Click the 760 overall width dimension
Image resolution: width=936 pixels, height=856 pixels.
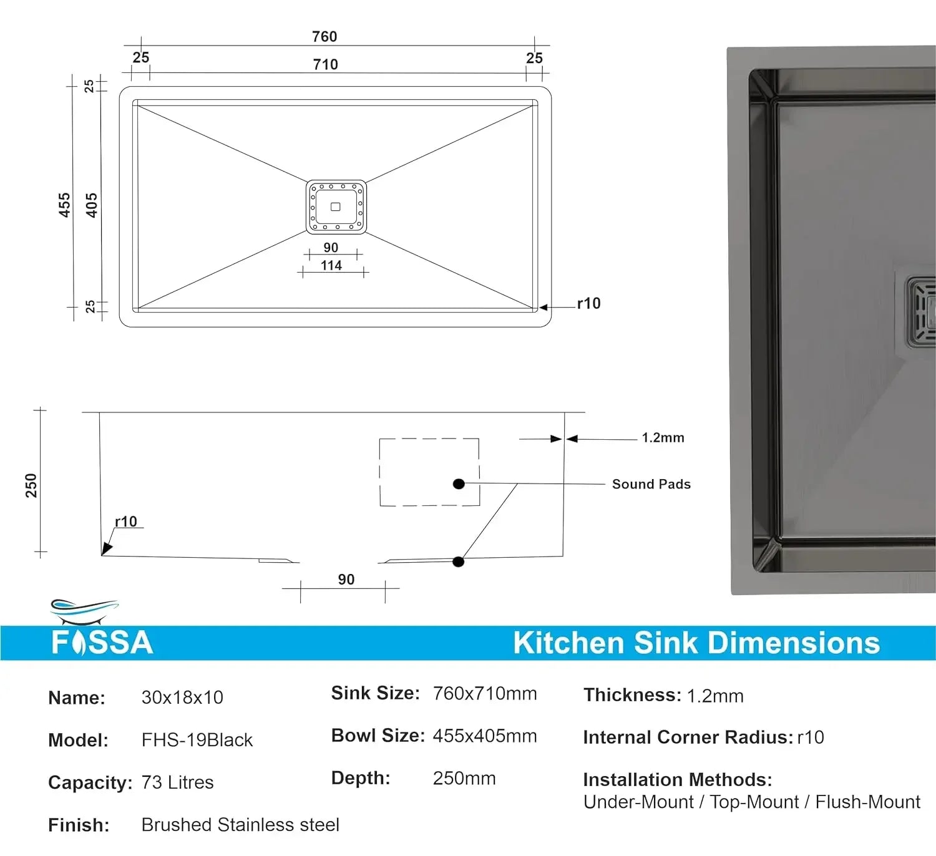tap(324, 37)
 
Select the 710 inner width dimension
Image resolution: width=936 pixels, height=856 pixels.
tap(325, 64)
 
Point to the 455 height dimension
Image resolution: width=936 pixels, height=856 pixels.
tap(64, 205)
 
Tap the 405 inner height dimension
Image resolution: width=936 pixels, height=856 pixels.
tap(92, 205)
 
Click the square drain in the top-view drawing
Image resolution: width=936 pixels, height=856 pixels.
tap(336, 207)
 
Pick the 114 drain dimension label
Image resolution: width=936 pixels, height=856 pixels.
tap(331, 266)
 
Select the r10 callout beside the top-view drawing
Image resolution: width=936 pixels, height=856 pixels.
tap(588, 304)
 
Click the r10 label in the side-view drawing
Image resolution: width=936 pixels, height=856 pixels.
tap(126, 522)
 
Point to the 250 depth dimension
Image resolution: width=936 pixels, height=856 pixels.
tap(31, 485)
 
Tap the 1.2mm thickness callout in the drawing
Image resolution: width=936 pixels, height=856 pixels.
tap(663, 438)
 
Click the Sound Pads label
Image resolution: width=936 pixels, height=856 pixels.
tap(651, 484)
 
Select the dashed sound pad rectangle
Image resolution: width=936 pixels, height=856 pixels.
tap(429, 472)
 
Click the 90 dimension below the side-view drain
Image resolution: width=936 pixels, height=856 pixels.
tap(346, 580)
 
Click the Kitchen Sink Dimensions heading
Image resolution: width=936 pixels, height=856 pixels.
tap(696, 643)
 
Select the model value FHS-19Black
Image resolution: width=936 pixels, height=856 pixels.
tap(197, 740)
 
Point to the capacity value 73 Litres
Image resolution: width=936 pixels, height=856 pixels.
tap(177, 782)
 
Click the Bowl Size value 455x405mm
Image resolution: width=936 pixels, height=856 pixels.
tap(484, 736)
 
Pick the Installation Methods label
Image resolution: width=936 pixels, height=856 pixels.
tap(677, 780)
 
